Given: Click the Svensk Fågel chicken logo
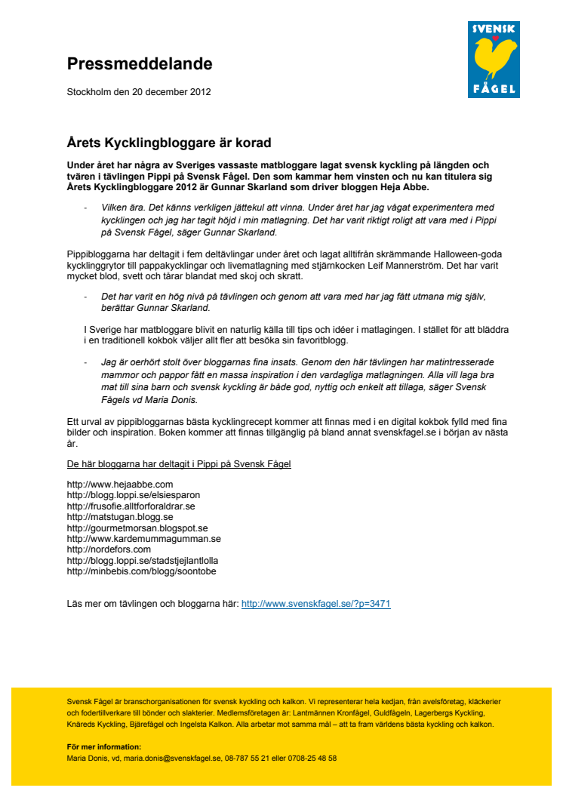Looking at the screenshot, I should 494,60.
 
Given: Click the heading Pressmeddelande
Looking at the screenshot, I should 139,64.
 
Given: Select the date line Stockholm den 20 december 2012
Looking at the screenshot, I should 139,93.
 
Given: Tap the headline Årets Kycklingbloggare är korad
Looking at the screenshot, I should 168,143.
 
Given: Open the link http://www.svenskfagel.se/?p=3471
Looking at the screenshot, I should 315,604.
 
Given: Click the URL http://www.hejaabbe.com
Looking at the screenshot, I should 120,484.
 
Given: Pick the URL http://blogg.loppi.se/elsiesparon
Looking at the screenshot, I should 134,495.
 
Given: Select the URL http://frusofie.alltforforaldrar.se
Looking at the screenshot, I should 131,506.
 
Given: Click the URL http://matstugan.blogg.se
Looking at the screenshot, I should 120,517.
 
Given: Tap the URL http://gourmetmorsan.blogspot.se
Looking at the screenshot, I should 137,528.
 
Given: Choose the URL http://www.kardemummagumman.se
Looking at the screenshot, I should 143,539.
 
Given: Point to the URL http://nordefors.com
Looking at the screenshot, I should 109,549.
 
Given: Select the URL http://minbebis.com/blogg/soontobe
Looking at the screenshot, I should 141,571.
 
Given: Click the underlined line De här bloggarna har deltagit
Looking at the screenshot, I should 179,463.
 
